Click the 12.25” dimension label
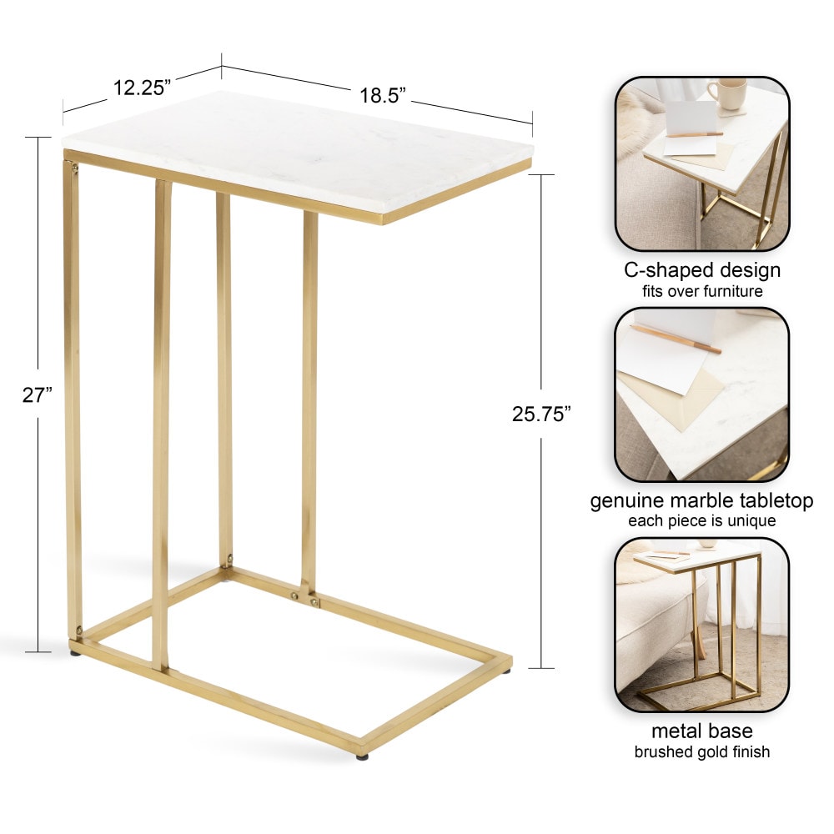142,88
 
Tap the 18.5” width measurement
383,95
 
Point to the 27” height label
38,395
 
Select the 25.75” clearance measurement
541,414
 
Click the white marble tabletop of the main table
298,154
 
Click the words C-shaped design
702,270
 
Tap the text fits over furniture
702,291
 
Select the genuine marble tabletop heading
701,501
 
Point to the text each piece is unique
701,520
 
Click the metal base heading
702,731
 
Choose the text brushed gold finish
702,751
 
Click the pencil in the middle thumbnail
676,339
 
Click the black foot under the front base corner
362,756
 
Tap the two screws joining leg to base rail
304,600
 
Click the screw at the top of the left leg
73,169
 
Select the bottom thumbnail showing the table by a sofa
702,625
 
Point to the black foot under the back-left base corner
75,651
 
